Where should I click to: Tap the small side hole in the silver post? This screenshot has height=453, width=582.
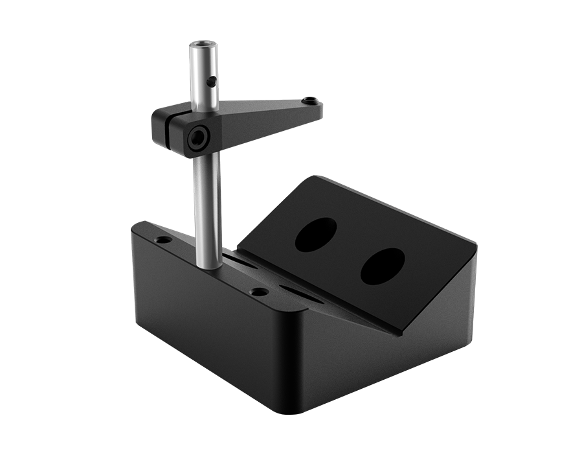[212, 82]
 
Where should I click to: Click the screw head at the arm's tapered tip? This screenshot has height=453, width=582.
[311, 101]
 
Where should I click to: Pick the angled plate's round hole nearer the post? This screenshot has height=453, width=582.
[316, 235]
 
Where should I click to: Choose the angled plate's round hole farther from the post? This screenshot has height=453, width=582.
[382, 266]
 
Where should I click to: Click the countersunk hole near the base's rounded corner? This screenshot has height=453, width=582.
[259, 292]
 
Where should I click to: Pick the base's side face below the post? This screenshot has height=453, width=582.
[207, 324]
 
